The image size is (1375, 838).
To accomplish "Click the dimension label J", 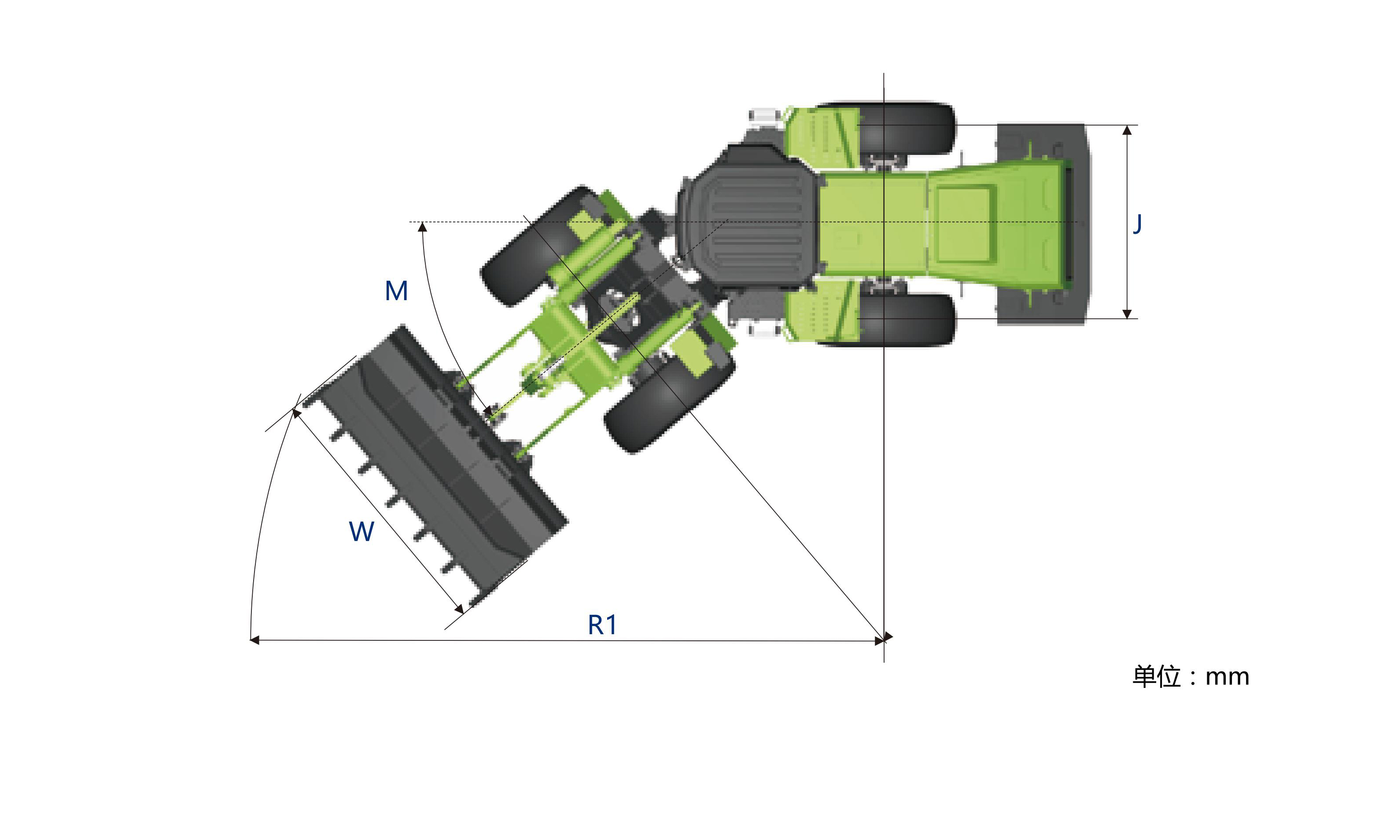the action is [x=1137, y=224].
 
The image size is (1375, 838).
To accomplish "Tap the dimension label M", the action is [x=396, y=290].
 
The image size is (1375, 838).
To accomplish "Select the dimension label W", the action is [x=361, y=531].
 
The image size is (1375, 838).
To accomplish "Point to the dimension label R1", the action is [x=602, y=625].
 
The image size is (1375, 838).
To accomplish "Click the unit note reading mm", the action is [x=1227, y=677].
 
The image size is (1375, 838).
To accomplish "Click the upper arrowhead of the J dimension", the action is [x=1127, y=130].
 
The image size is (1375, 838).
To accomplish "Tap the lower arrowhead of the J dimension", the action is [x=1127, y=313].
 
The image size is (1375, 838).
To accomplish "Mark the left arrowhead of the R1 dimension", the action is [x=254, y=640].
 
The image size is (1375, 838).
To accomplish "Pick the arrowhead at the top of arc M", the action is [x=422, y=227].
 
